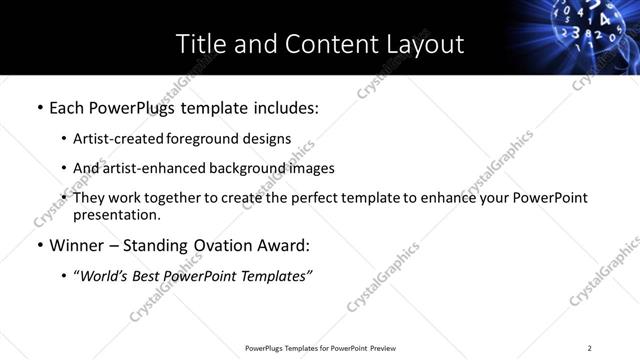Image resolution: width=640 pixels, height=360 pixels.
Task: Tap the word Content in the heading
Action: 320,44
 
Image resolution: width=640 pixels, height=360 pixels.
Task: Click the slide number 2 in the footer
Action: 589,348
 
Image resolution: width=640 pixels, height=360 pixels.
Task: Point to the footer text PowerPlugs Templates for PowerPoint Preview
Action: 320,348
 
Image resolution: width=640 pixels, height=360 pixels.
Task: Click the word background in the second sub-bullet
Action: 236,168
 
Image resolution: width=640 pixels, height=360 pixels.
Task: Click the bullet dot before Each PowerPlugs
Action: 39,106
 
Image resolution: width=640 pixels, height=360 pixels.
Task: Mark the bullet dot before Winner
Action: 39,245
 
